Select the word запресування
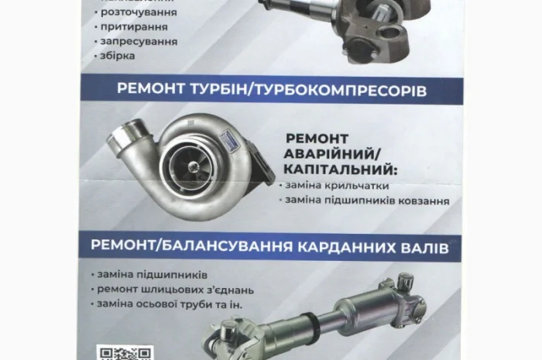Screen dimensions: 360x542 tap(149, 41)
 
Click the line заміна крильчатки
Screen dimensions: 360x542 tap(337, 186)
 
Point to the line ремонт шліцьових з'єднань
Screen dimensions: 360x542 tap(176, 289)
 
